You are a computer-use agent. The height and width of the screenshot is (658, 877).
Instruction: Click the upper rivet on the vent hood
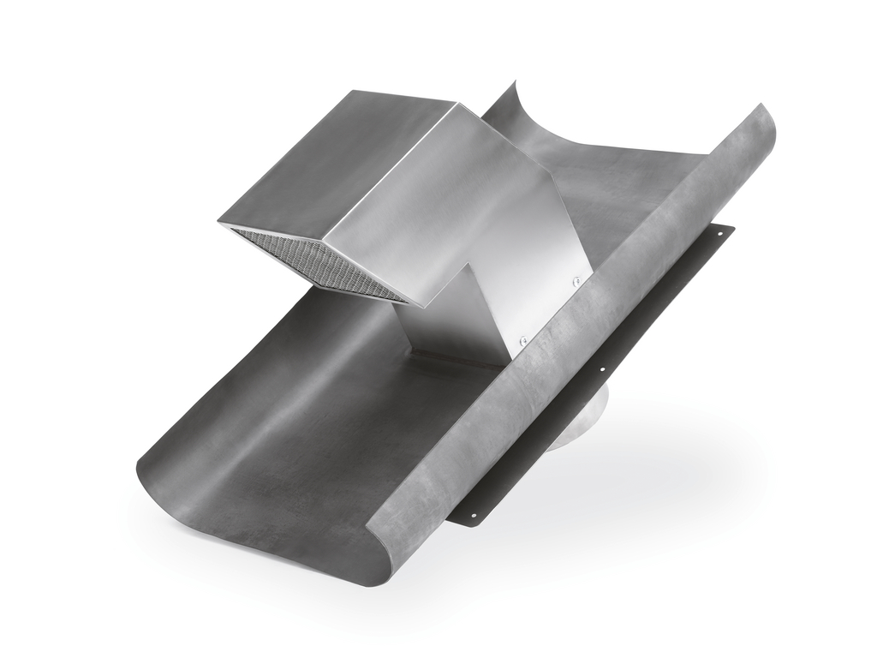coord(576,280)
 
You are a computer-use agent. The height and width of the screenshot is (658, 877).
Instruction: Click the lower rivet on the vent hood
coord(524,340)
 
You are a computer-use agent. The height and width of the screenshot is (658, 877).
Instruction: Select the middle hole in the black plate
coord(602,369)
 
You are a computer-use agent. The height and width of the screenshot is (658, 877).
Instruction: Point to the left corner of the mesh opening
coord(221,224)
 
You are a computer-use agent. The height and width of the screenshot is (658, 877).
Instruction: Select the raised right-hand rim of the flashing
coord(600,326)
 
